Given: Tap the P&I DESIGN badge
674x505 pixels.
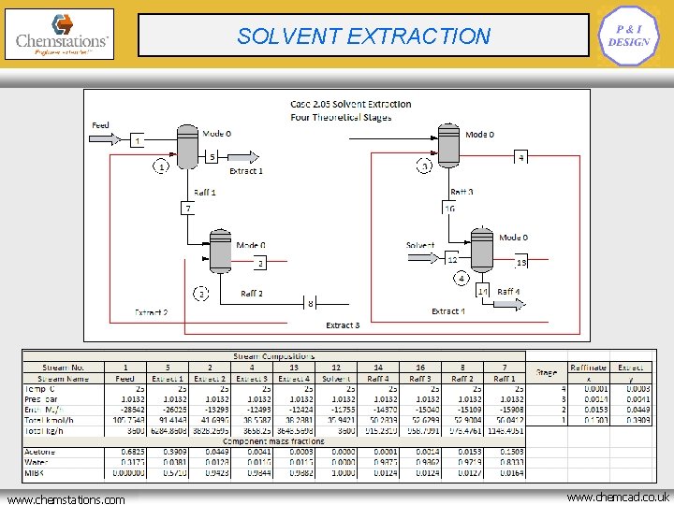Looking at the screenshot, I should coord(628,36).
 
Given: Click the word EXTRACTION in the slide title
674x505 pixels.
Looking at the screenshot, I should coord(418,36).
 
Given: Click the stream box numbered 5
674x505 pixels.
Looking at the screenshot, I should coord(212,156).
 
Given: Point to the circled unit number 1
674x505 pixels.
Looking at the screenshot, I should coord(161,166).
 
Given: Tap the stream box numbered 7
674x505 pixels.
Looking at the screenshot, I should coord(188,208).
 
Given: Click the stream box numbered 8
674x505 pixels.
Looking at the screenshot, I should coord(311,303).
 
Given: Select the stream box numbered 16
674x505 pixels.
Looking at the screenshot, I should coord(450,208).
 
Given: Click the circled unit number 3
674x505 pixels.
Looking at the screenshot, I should coord(423,166).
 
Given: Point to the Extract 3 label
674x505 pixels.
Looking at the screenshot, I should coord(342,325).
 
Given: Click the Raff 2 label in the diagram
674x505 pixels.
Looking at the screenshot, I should coord(252,294).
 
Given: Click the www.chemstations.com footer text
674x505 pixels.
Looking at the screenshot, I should coord(66,498).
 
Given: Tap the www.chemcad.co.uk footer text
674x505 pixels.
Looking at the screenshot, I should coord(617,498).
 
